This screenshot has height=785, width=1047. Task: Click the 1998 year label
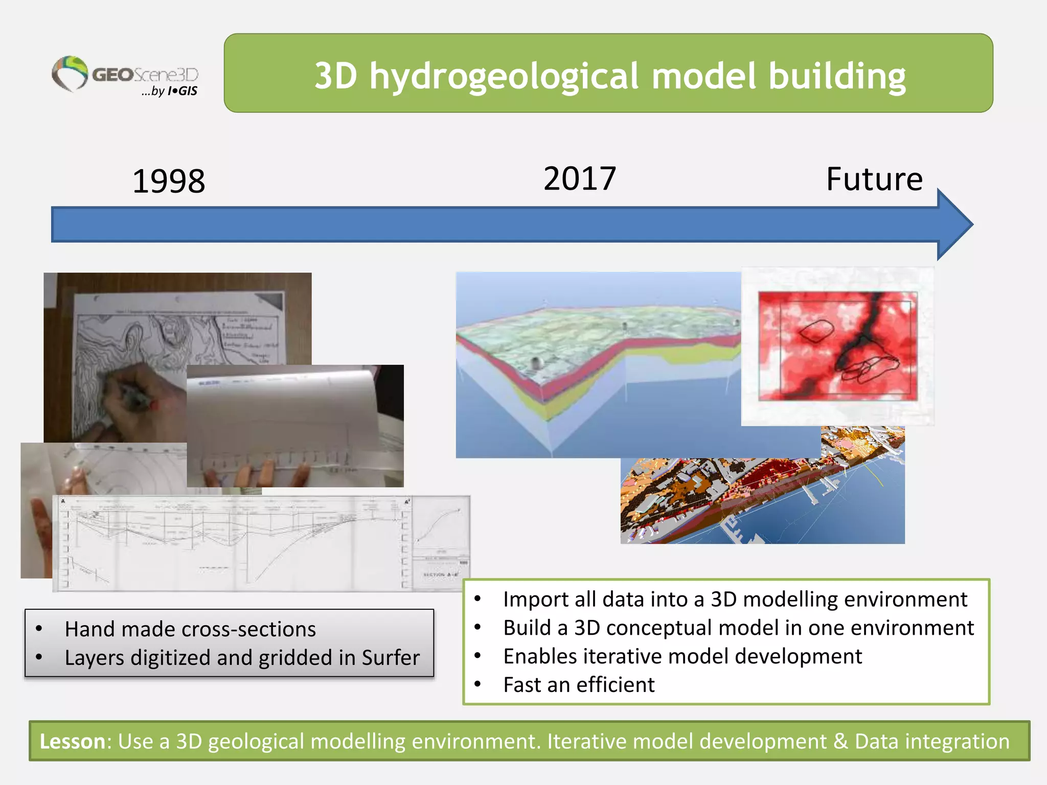[169, 181]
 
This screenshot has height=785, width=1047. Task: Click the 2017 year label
[579, 179]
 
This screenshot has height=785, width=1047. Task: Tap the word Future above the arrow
[874, 179]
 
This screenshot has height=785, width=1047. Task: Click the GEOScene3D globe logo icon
[71, 74]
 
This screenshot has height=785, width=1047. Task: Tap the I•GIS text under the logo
[183, 91]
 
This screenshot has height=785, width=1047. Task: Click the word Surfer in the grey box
[391, 658]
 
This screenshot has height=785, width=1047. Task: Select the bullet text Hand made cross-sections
[190, 629]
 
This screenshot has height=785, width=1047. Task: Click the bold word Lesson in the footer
[72, 742]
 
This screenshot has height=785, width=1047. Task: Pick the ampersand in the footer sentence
[840, 742]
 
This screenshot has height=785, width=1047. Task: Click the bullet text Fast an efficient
[579, 685]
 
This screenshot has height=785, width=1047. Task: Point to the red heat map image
[837, 347]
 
